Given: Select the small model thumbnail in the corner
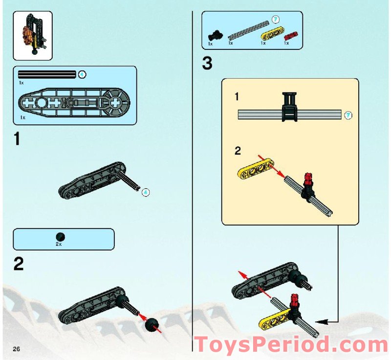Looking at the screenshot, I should pyautogui.click(x=32, y=36).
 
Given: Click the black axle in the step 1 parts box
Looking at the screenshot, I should pyautogui.click(x=47, y=75).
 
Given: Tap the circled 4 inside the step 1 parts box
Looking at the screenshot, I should pyautogui.click(x=82, y=74).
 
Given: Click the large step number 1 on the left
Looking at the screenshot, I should pyautogui.click(x=18, y=139).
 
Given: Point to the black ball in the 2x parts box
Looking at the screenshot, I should pyautogui.click(x=60, y=236).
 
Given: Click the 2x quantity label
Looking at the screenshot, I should pyautogui.click(x=59, y=244).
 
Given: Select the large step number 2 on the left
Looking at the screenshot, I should pyautogui.click(x=19, y=265).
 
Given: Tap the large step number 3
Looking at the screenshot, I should pyautogui.click(x=208, y=64).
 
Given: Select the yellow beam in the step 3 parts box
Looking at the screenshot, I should pyautogui.click(x=269, y=35).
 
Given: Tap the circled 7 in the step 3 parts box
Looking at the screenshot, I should pyautogui.click(x=275, y=20).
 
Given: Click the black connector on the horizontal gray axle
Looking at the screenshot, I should pyautogui.click(x=289, y=106).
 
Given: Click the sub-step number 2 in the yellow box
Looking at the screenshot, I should pyautogui.click(x=238, y=151).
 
